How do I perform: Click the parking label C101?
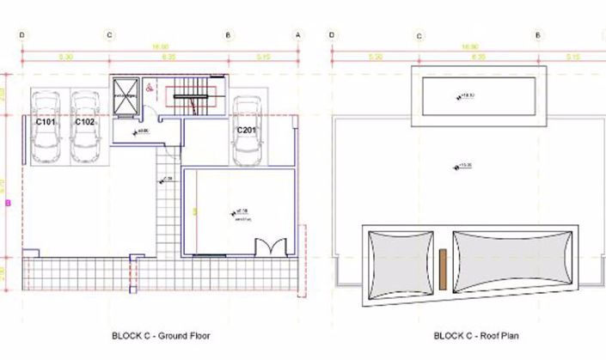pos(46,122)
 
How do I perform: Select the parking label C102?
pos(84,122)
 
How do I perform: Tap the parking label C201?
pos(248,130)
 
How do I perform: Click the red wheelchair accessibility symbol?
pos(148,86)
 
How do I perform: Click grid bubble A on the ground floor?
pos(298,35)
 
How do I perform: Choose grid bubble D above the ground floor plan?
pos(21,35)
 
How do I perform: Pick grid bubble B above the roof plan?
pos(537,35)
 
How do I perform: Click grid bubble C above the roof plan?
pos(419,35)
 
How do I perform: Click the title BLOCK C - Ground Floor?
pos(161,336)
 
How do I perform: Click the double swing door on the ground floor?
pos(272,247)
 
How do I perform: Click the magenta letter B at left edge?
pos(8,204)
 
